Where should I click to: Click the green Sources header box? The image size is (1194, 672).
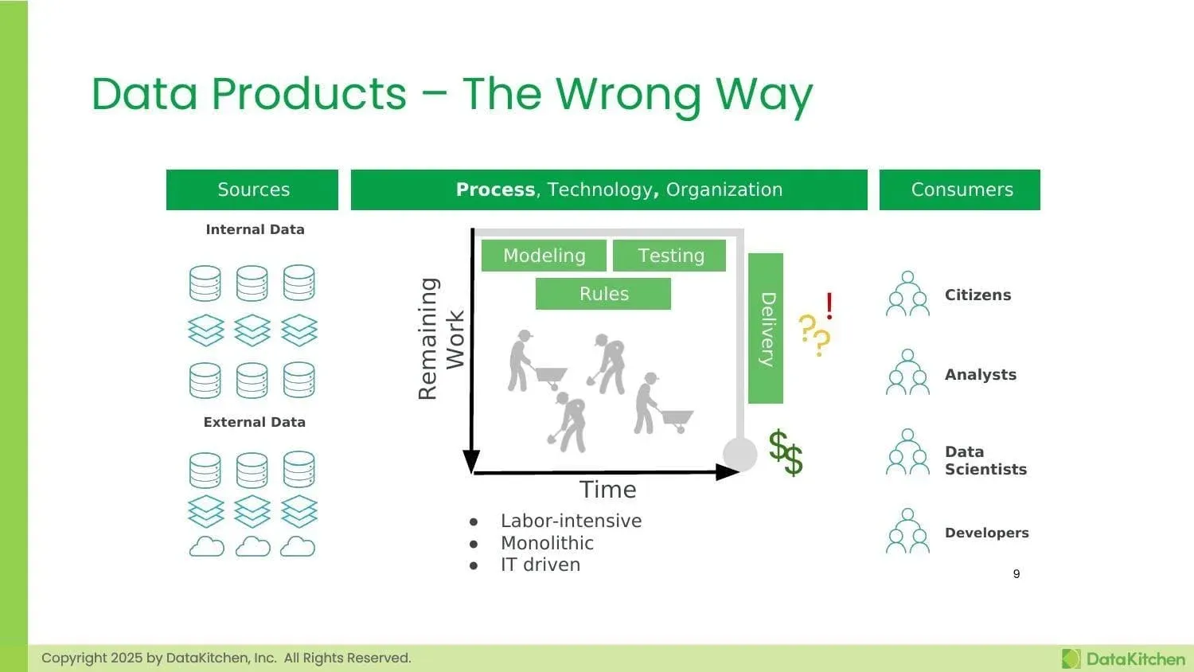(x=252, y=189)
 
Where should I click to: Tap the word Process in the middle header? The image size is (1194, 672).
(x=495, y=189)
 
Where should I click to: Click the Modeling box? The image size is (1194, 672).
(x=544, y=256)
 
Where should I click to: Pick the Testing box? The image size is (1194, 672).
(x=670, y=256)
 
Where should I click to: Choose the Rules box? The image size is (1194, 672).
(x=603, y=294)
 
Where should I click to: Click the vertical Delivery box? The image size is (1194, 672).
(x=766, y=328)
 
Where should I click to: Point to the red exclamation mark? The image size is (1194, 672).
(x=829, y=305)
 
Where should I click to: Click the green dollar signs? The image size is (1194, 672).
(x=786, y=452)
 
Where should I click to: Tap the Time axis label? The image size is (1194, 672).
(x=607, y=490)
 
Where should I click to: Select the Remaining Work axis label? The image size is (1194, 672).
(x=440, y=338)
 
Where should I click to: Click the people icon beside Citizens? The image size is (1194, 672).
(x=907, y=294)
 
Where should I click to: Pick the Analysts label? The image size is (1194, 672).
(x=980, y=374)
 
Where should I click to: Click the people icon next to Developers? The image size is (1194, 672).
(x=907, y=531)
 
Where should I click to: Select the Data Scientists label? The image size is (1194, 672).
(x=985, y=460)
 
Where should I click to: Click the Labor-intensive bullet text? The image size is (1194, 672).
(x=571, y=521)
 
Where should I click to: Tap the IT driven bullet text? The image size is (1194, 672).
(x=540, y=565)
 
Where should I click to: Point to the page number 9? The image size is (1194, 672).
(x=1016, y=574)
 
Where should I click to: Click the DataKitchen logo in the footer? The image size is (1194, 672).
(x=1123, y=658)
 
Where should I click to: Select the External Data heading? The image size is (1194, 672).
(x=254, y=422)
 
